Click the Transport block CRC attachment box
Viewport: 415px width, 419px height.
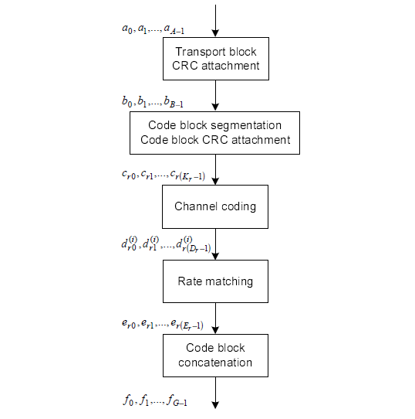click(x=215, y=59)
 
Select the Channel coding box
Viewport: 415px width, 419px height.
click(x=215, y=206)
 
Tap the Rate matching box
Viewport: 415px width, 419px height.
click(x=215, y=281)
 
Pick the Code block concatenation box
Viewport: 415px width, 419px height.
click(x=215, y=355)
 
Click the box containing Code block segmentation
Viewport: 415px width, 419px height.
click(x=215, y=132)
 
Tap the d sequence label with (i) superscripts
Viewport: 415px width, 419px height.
click(x=161, y=247)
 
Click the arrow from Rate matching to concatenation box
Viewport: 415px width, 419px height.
click(x=215, y=318)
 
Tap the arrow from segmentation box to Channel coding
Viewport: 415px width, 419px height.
click(x=215, y=169)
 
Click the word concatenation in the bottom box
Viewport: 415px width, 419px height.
click(x=215, y=362)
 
